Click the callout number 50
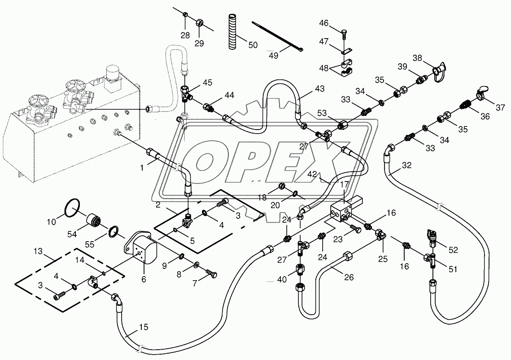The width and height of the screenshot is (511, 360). coord(253,45)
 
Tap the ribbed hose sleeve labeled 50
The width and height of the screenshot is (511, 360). coord(232,31)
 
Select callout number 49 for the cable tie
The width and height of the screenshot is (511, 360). coord(273,55)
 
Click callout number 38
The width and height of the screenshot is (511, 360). coord(417,58)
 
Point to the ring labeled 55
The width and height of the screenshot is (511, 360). coord(115,231)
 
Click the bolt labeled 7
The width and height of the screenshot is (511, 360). coord(211,272)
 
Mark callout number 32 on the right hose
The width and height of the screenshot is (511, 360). coord(406,165)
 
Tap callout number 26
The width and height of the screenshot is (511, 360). coord(349,278)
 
